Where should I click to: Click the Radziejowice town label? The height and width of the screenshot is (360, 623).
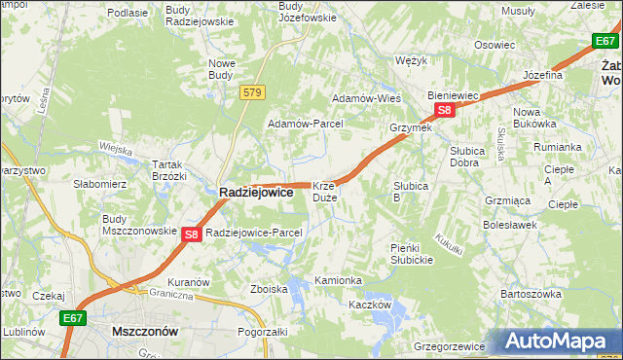coord(256,193)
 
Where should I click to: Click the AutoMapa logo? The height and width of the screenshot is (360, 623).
coord(561,342)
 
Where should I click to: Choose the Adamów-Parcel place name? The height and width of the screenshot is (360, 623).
coord(306,125)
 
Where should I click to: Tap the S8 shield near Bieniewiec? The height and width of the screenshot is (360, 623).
coord(444,111)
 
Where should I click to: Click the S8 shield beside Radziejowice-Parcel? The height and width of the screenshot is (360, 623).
coord(191,234)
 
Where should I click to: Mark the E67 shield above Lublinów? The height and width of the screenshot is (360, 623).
coord(73,317)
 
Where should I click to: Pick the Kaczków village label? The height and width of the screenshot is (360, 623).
coord(370,305)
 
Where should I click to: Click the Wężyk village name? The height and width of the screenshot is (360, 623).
coord(413,60)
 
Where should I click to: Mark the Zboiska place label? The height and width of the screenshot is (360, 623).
coord(269,289)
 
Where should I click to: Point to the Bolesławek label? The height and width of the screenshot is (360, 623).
coord(510,225)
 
